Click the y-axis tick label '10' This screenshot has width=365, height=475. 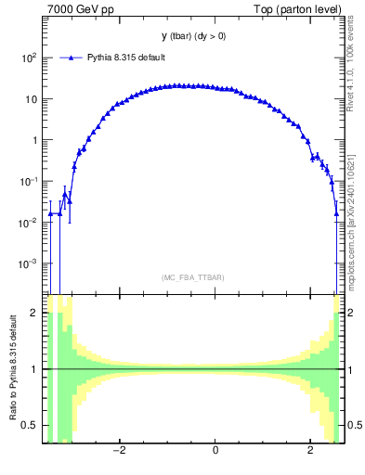[32, 99]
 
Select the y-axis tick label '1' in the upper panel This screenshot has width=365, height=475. [34, 140]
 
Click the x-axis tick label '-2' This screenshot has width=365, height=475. [118, 452]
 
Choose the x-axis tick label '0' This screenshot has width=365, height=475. [215, 452]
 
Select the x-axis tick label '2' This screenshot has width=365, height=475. [311, 452]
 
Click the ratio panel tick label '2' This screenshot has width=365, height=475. [34, 314]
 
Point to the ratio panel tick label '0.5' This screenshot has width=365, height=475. [30, 425]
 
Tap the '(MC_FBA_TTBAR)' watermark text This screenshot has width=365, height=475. [193, 277]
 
